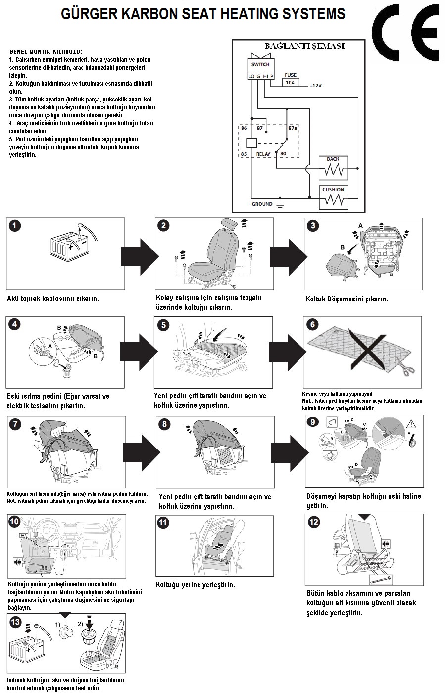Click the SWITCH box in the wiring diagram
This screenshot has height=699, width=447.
[261, 69]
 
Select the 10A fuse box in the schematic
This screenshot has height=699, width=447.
[291, 82]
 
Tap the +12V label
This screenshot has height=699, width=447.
[315, 86]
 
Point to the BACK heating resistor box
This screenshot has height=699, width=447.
[333, 168]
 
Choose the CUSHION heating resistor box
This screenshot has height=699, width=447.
[334, 198]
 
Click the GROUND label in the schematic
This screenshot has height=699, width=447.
[262, 204]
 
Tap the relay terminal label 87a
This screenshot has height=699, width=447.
[293, 128]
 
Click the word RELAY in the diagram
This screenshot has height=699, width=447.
[263, 154]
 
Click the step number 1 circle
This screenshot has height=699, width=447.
[15, 226]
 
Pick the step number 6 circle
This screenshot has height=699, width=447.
[312, 325]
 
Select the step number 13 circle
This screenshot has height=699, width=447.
[15, 622]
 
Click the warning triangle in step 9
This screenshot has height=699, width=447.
[411, 424]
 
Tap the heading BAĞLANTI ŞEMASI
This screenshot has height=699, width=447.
[304, 46]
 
